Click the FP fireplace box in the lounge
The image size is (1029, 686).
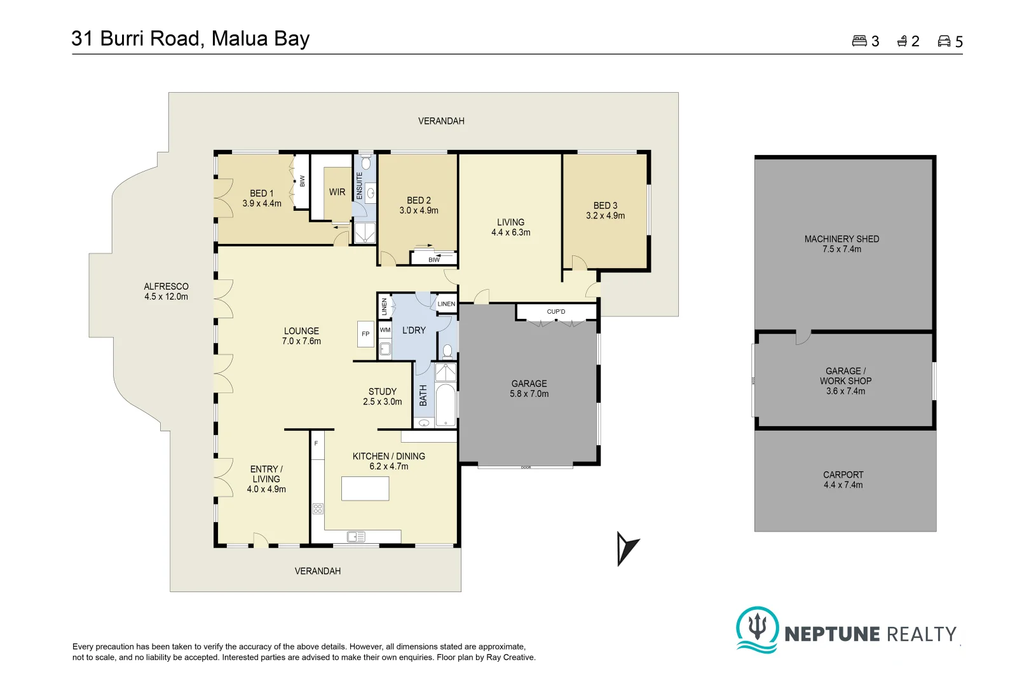365,333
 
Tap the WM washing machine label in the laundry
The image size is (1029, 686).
385,330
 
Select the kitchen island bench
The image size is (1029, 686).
365,488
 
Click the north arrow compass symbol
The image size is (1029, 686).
627,548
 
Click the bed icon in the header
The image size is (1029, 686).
859,41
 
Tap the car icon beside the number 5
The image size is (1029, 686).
944,41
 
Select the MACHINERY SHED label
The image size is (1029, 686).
842,239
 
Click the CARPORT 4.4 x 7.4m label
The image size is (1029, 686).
843,480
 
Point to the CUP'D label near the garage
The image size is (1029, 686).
556,312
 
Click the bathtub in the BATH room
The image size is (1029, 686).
446,404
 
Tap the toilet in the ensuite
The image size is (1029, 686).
365,163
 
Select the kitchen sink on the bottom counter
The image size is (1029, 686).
356,537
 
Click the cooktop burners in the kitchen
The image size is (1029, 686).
317,508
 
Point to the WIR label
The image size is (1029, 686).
337,192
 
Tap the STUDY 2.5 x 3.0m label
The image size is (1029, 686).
383,396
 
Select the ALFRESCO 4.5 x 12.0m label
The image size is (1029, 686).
167,292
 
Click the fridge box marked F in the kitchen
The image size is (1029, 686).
317,443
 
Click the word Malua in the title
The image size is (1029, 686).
239,39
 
